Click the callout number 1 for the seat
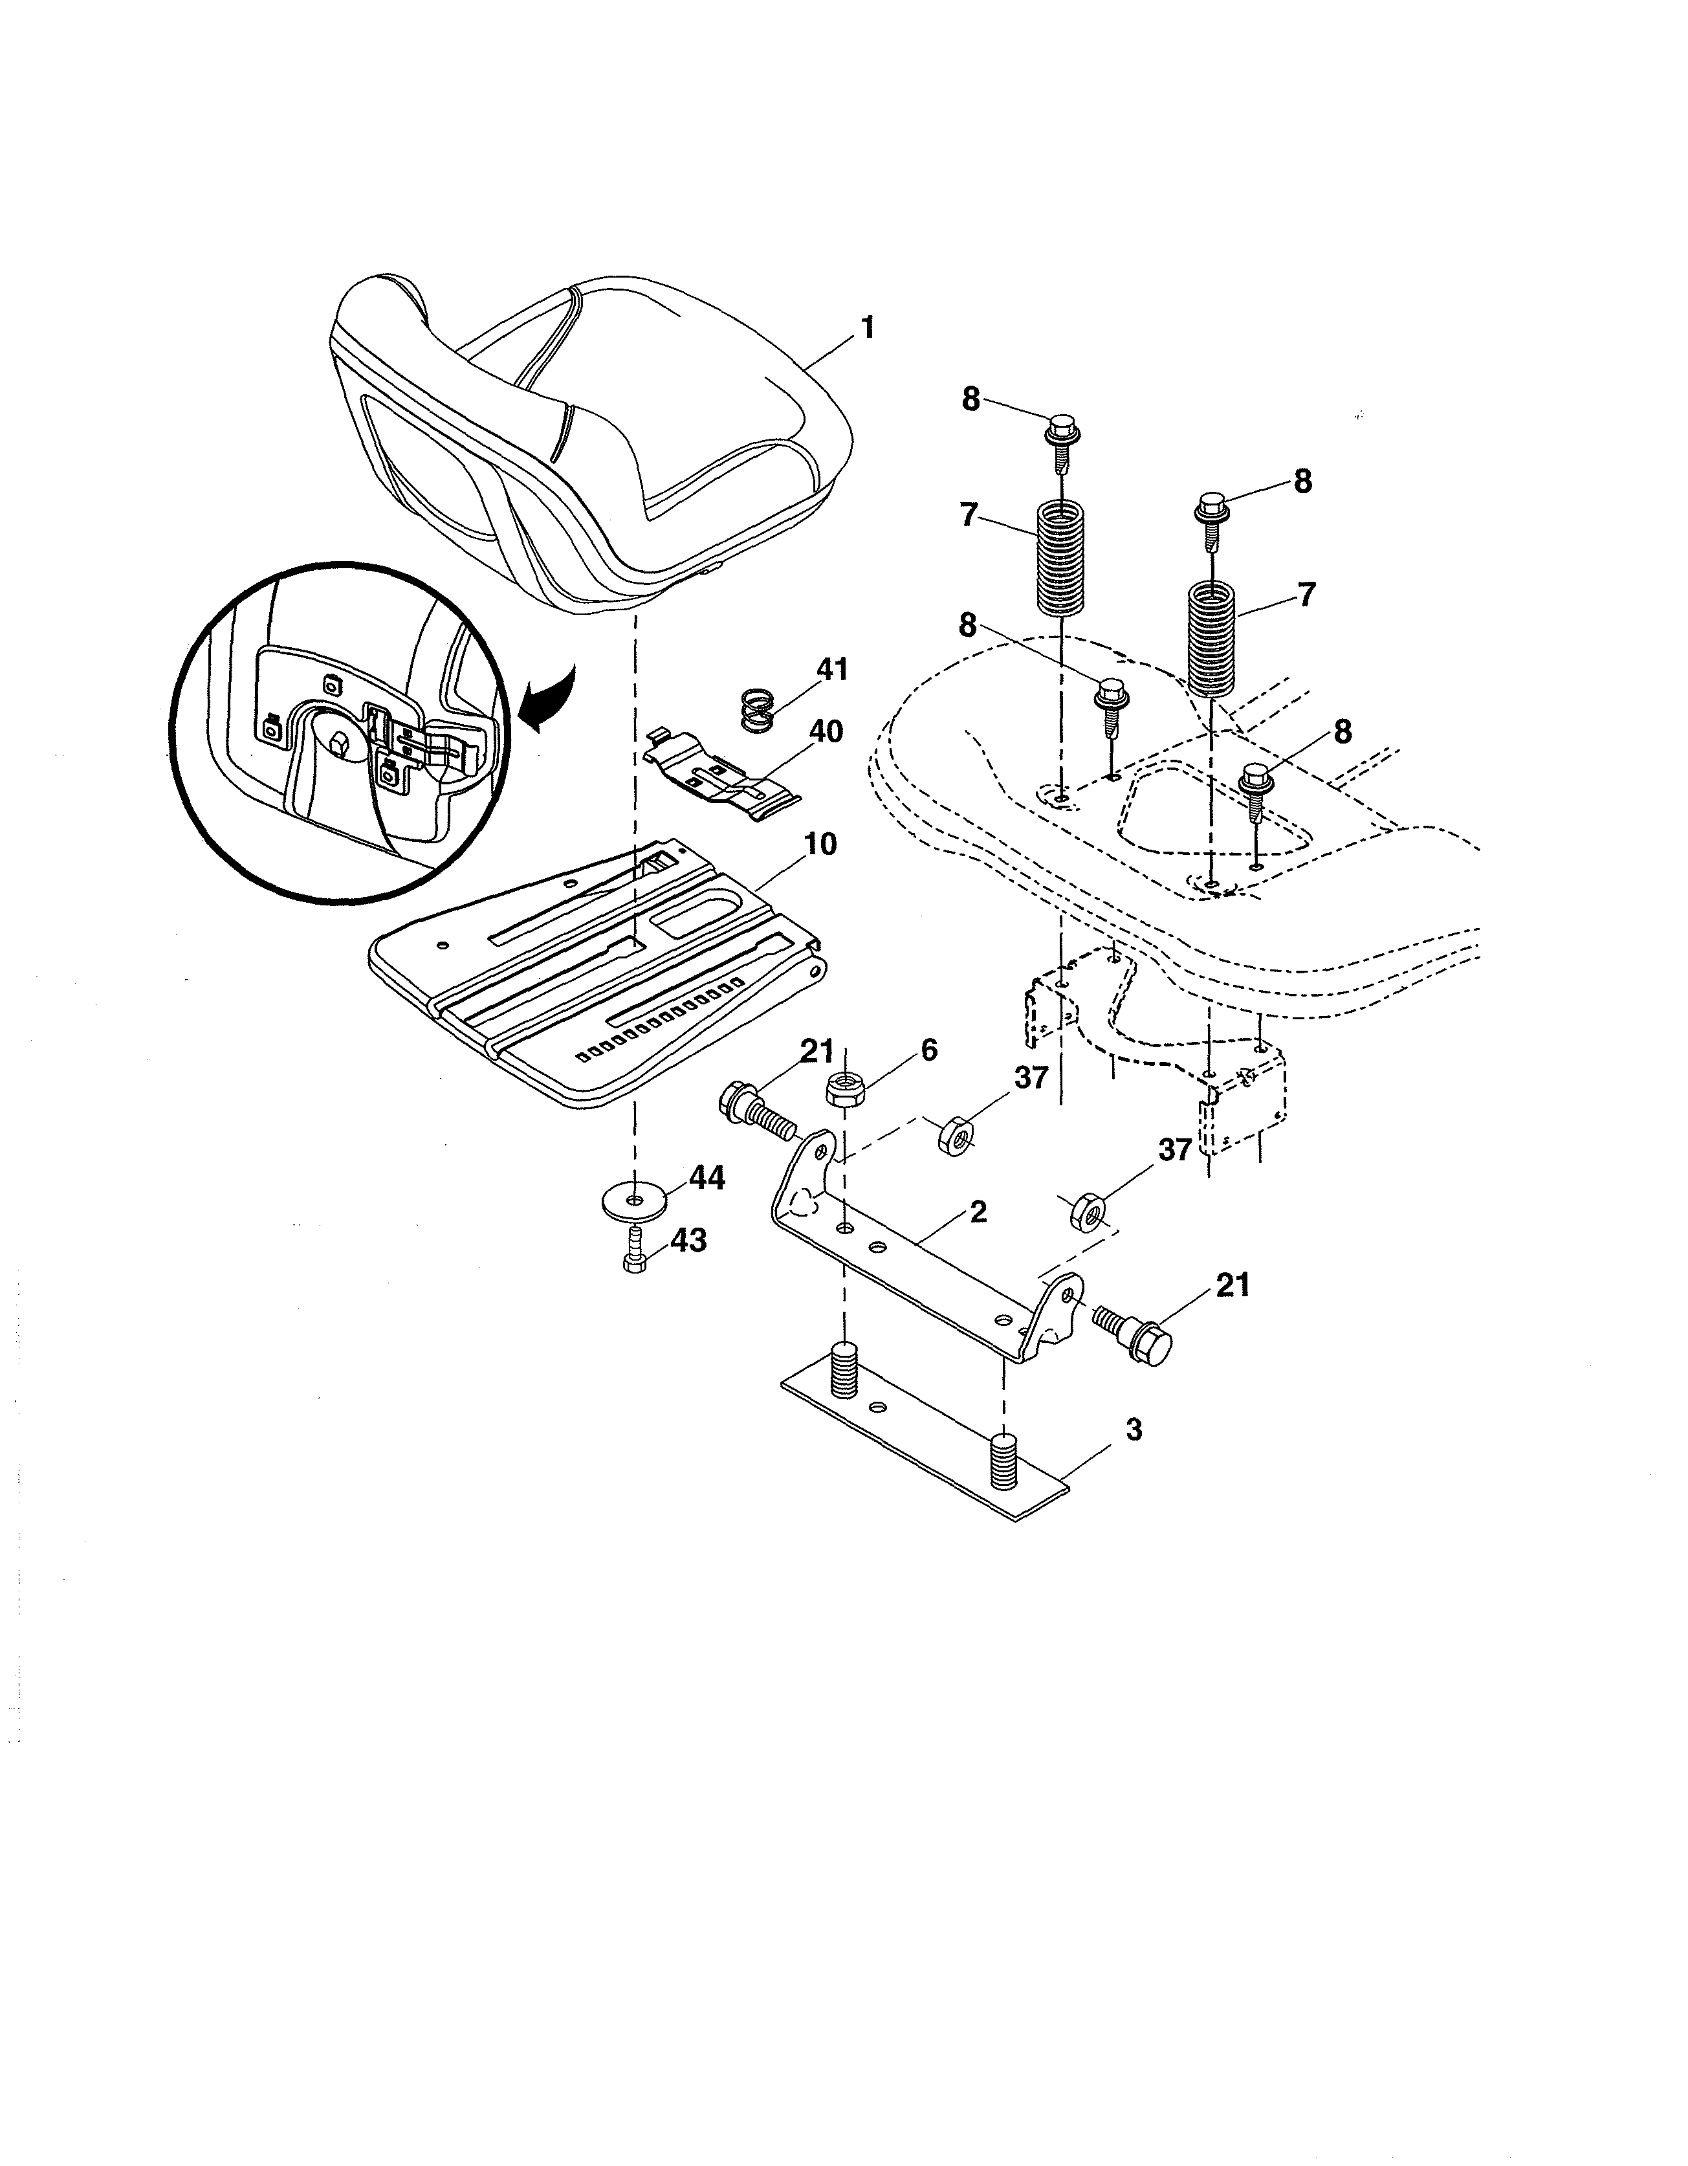[x=867, y=327]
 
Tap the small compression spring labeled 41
[x=760, y=710]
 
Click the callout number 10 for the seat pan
[x=819, y=844]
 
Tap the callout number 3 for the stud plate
[x=1134, y=1429]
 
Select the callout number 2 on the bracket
[x=978, y=1211]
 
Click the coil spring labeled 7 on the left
[x=1061, y=557]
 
